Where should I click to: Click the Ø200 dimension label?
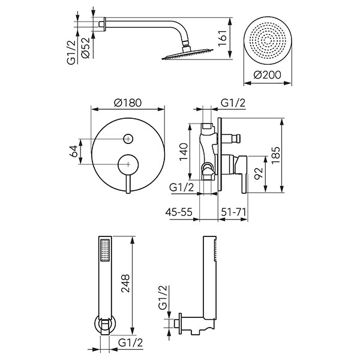point(267,75)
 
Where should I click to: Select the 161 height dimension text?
point(223,38)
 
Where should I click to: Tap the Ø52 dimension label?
point(85,48)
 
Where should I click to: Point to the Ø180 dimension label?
point(128,103)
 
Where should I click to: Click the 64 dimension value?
point(74,151)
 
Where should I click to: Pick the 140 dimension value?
point(184,152)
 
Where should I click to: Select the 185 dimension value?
point(275,155)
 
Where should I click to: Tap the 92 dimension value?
point(258,173)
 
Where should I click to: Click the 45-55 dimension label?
point(179,212)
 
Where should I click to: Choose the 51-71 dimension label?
point(233,212)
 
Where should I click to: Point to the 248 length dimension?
point(125,283)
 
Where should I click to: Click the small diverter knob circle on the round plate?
point(128,139)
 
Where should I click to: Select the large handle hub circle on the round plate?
point(128,164)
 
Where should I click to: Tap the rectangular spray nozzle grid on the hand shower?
point(105,250)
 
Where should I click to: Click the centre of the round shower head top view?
point(268,41)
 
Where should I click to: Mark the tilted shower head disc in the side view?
point(187,55)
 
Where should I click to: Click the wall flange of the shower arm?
point(104,24)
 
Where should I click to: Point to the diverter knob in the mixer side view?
point(231,139)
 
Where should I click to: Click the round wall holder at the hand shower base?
point(106,325)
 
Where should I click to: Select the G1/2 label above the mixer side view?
point(233,103)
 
